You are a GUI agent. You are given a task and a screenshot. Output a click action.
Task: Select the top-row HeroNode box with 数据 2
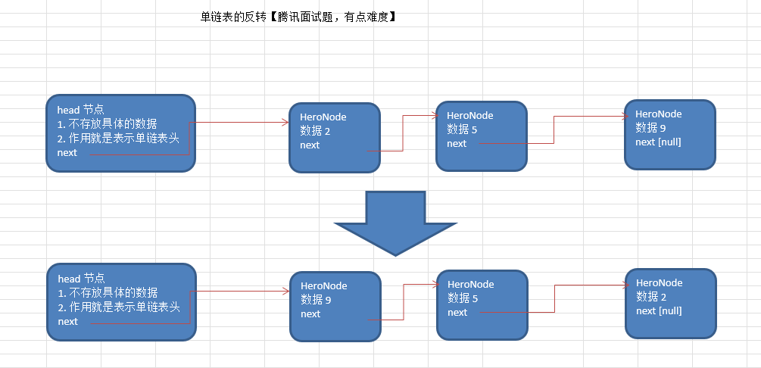[334, 137]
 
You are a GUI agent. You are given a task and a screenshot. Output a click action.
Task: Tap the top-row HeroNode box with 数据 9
[669, 134]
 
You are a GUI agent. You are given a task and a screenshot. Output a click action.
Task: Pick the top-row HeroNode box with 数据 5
[482, 136]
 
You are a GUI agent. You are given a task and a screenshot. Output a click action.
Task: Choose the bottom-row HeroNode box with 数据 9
[335, 306]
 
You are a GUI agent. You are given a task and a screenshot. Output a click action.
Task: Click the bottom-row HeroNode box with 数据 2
[670, 303]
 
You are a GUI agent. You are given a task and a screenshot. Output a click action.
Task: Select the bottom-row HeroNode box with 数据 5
[482, 304]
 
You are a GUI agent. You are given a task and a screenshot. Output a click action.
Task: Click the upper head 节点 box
[120, 133]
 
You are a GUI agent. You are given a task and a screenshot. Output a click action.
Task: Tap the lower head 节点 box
[120, 301]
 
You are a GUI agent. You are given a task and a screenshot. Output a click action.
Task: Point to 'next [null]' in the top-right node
[658, 142]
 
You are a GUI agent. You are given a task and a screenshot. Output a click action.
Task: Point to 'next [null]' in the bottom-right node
[659, 310]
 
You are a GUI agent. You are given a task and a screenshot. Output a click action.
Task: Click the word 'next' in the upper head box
[67, 153]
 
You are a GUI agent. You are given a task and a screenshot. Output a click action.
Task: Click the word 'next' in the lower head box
[67, 321]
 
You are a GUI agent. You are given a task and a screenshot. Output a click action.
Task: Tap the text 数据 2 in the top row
[315, 131]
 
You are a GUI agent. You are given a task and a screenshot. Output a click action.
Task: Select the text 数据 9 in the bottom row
[316, 300]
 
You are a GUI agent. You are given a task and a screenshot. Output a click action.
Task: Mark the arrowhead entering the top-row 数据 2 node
[285, 122]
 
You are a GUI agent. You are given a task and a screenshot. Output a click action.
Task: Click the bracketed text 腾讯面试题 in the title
[307, 17]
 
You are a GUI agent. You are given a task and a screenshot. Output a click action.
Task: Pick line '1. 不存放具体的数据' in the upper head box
[107, 124]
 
